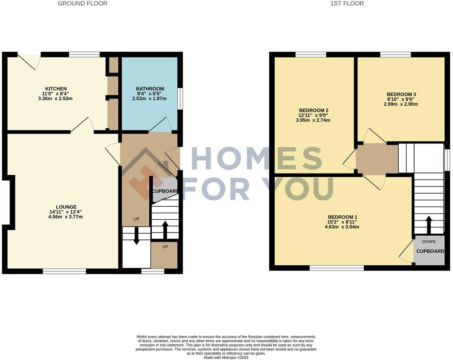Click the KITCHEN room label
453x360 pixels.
point(56,89)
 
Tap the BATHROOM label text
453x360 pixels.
point(150,89)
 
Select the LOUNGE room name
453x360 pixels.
point(66,207)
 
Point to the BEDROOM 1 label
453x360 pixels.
point(343,217)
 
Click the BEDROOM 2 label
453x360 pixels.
point(314,110)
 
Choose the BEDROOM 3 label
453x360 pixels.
point(401,94)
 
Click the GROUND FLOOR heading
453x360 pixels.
point(82,4)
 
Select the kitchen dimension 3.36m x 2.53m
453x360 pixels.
point(56,99)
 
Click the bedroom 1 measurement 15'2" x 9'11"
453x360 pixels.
point(343,222)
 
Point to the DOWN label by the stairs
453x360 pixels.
point(429,242)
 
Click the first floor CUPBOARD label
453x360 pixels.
point(430,251)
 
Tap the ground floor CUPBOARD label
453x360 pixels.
point(165,191)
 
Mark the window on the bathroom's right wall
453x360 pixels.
point(180,98)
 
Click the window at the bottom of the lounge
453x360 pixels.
point(64,271)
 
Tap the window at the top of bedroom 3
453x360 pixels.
point(395,55)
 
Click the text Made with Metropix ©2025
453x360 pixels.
point(226,357)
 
